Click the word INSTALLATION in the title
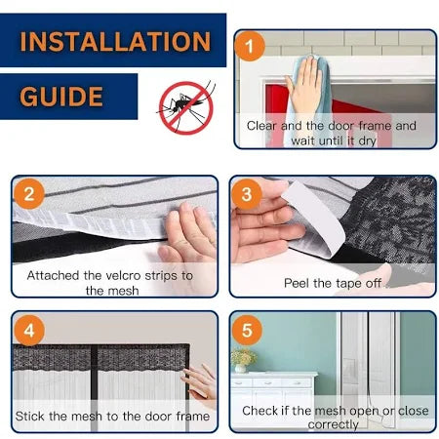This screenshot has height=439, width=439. (x=115, y=41)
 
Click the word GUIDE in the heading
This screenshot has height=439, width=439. (x=61, y=97)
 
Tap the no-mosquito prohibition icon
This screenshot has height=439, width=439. (x=186, y=107)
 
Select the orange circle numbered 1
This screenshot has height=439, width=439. (x=250, y=46)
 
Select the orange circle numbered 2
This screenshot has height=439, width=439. (x=29, y=194)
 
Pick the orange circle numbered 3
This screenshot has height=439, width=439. (x=247, y=194)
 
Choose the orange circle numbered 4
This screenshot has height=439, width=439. (x=29, y=331)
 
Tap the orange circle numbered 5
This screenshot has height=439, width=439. (x=247, y=330)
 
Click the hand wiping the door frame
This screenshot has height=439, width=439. (x=303, y=88)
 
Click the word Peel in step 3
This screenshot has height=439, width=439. (x=297, y=284)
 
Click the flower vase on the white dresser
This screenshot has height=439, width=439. (x=242, y=360)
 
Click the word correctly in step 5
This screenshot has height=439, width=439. (x=333, y=424)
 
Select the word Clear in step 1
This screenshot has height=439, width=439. (x=261, y=126)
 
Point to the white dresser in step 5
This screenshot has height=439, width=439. (x=273, y=400)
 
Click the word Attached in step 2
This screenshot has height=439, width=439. (x=53, y=276)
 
